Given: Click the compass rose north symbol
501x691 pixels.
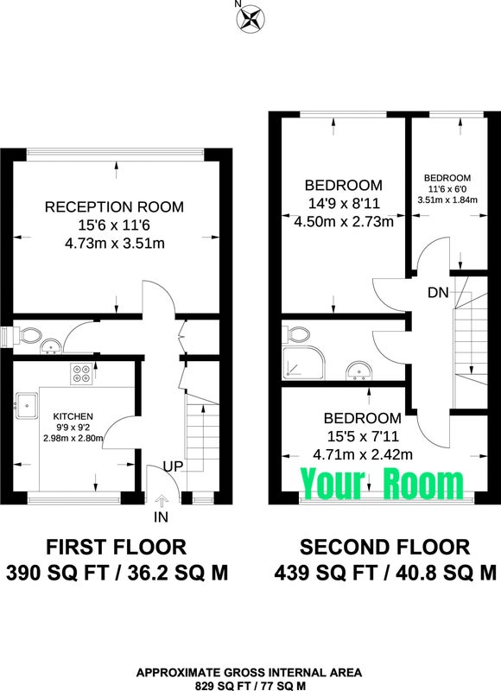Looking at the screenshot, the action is point(250,18).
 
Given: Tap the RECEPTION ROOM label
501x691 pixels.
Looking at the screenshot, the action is point(115,206).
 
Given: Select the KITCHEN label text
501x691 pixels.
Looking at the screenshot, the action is point(73,416).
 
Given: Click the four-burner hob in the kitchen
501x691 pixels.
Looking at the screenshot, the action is point(81,374).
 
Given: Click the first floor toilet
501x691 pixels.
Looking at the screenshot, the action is point(29,336).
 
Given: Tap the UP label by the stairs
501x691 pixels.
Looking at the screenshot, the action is point(173,466).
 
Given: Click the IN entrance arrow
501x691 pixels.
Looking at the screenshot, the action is point(162,502).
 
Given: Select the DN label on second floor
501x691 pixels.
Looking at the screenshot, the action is point(438,292).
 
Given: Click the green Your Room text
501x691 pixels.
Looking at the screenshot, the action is point(383,485).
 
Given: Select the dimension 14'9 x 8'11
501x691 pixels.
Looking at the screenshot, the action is point(344,204).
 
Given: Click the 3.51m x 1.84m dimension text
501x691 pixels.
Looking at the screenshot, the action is point(447,200).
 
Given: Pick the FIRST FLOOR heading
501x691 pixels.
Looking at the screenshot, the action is point(117,547).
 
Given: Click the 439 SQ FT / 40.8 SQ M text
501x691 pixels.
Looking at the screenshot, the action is point(385,574).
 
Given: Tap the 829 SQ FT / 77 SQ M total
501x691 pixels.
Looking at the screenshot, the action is point(250,686).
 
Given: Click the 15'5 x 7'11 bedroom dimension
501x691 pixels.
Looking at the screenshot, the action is point(363,436).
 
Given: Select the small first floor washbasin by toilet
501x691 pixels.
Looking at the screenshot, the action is point(51,347).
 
